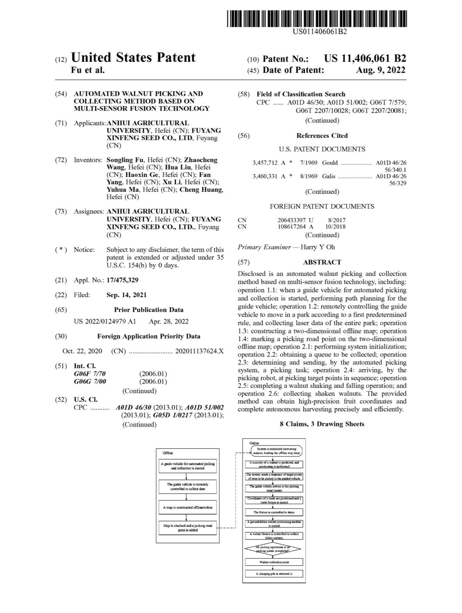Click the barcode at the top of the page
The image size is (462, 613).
click(317, 18)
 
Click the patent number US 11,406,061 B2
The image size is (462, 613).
click(365, 59)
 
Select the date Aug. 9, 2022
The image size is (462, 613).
click(381, 70)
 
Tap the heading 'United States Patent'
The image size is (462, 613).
click(133, 58)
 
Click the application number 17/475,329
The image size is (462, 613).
click(122, 280)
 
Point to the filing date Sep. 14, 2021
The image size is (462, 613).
click(126, 295)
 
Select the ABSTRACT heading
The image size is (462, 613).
click(322, 262)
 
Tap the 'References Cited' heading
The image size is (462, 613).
click(322, 135)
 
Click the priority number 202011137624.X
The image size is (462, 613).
click(199, 351)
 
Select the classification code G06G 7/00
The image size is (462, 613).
click(90, 381)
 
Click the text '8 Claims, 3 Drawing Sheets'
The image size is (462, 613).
click(322, 424)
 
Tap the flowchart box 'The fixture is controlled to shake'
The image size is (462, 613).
click(274, 512)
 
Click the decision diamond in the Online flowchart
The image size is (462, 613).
click(273, 549)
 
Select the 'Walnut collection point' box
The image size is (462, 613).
click(274, 562)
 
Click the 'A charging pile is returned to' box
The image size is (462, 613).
click(274, 574)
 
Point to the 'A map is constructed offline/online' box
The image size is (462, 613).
click(188, 507)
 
